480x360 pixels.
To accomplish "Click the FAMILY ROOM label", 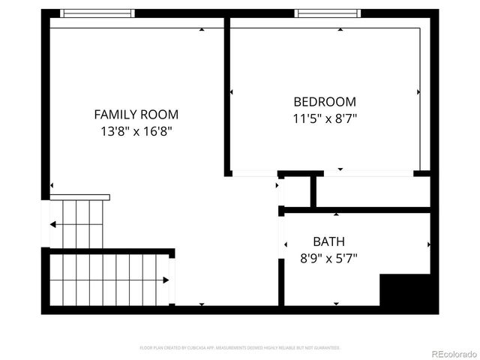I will [136, 115].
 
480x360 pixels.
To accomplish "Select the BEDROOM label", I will [324, 102].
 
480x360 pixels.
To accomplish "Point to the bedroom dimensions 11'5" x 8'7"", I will [324, 118].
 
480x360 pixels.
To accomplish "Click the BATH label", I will [328, 241].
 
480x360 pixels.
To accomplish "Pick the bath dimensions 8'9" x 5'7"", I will [328, 257].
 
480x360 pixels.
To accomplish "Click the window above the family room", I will [97, 13].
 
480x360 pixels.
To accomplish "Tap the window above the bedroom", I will [328, 13].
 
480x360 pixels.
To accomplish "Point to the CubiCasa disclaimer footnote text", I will [240, 348].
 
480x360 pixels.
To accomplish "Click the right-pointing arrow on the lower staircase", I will [166, 280].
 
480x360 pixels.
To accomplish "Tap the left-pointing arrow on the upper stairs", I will [53, 223].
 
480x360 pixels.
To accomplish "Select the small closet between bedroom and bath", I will [296, 192].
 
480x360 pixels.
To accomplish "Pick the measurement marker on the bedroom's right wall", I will [418, 92].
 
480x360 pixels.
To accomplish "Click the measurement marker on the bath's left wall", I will [286, 244].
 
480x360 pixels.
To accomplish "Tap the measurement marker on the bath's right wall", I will [428, 244].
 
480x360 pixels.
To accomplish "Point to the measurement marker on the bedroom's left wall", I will [232, 92].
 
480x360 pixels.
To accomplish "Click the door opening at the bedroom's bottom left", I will [253, 173].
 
